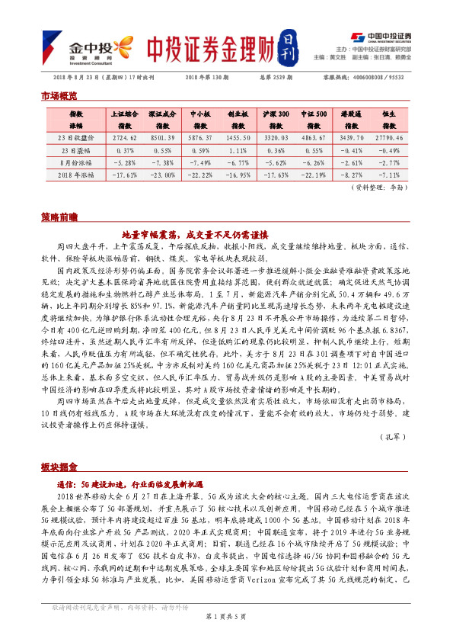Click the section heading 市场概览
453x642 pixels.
[59, 97]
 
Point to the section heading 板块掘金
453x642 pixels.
[59, 466]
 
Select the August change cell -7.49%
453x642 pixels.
[200, 162]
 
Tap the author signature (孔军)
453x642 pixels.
[391, 436]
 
